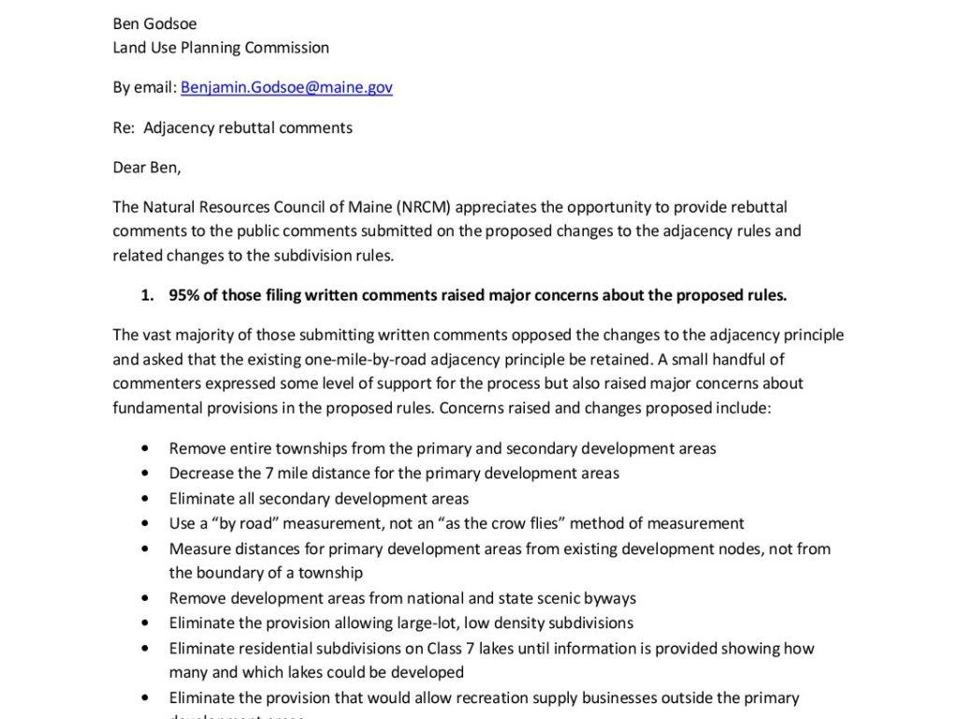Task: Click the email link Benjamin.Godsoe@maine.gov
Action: click(286, 87)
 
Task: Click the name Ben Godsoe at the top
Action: click(154, 23)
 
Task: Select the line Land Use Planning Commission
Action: click(221, 47)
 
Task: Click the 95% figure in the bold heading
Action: click(184, 296)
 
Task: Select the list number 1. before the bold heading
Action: click(147, 296)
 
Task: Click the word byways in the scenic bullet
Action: click(609, 598)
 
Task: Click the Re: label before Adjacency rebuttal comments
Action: click(123, 127)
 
